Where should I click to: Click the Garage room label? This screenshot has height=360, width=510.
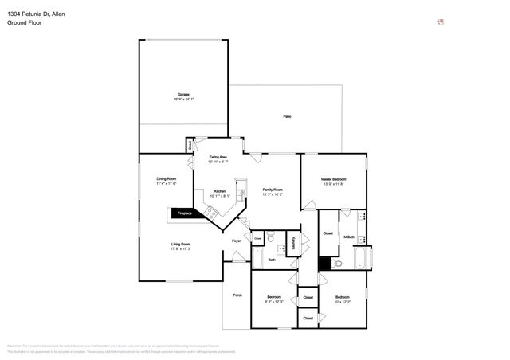(x=183, y=94)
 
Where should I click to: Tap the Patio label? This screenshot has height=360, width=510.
(x=287, y=117)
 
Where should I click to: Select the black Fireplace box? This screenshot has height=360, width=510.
(x=183, y=213)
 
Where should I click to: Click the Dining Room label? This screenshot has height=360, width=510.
(x=166, y=178)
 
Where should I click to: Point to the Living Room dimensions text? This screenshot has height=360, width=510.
(x=180, y=248)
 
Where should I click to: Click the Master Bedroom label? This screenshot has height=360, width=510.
(x=333, y=179)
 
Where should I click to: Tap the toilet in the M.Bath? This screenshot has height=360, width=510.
(x=338, y=264)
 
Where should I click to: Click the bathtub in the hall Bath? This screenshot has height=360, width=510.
(x=257, y=258)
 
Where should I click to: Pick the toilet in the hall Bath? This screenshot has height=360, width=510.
(x=271, y=237)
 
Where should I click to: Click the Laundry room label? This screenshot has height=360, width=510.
(x=293, y=244)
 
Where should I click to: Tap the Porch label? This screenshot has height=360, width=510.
(x=237, y=295)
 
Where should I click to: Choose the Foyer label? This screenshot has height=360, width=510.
(x=236, y=240)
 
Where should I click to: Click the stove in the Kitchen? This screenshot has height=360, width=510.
(x=210, y=212)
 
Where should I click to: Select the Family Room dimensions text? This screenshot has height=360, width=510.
(x=273, y=194)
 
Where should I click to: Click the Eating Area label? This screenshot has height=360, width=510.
(x=218, y=157)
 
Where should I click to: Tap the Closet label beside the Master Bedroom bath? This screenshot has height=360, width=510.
(x=328, y=233)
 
